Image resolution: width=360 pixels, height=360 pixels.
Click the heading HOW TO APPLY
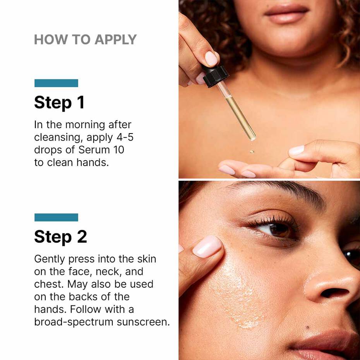pos(85,39)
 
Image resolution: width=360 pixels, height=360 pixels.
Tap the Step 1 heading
pos(59,103)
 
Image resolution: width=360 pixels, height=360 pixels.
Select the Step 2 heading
pos(60,237)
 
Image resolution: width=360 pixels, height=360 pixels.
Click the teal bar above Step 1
pos(56,83)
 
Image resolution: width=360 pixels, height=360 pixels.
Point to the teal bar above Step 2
pos(56,218)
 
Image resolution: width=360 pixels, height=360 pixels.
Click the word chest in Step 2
pos(49,284)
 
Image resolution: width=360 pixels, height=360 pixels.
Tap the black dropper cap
pos(215,75)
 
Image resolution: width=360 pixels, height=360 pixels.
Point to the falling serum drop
pos(252,151)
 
